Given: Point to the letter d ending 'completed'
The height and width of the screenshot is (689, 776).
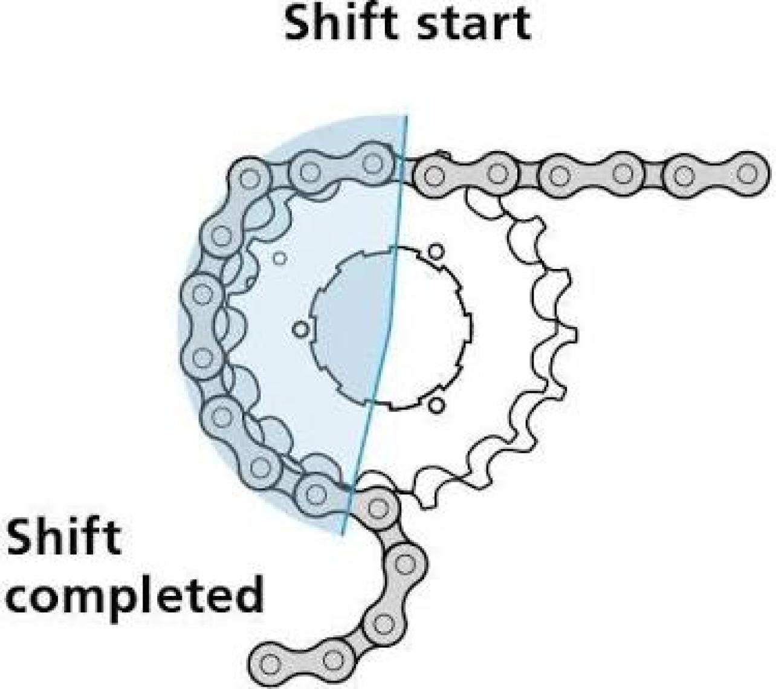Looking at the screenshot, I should (x=249, y=594).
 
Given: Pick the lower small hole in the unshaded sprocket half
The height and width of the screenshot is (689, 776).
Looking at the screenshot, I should (x=436, y=405).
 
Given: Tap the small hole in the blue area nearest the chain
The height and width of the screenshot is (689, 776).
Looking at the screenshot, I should (x=279, y=258).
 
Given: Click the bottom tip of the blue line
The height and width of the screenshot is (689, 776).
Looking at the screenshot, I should (x=342, y=535).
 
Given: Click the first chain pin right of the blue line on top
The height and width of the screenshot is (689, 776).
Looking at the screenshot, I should (x=433, y=175).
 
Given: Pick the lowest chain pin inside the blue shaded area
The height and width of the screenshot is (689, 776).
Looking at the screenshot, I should (x=314, y=494).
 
